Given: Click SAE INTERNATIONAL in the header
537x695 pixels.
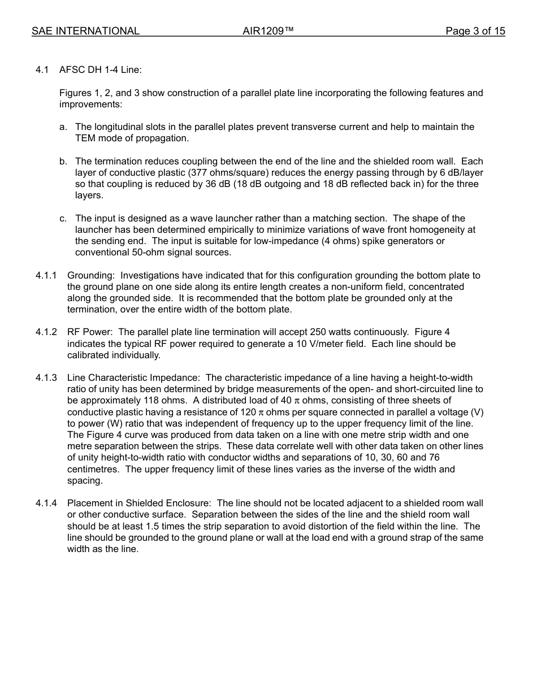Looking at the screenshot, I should [x=85, y=31].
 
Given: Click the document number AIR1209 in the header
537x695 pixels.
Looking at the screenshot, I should [x=268, y=31].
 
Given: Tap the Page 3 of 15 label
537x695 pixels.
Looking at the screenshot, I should [x=475, y=31].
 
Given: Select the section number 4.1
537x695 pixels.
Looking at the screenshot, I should [x=43, y=70].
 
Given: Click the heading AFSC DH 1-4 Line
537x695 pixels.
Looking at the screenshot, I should [x=100, y=70].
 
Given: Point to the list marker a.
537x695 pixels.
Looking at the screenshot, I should [x=63, y=127].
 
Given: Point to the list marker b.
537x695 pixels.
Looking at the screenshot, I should [x=63, y=162].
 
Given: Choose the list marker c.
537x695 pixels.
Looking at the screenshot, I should [x=63, y=219].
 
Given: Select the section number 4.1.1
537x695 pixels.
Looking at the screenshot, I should [x=46, y=276].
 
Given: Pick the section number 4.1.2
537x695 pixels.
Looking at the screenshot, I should [x=46, y=332].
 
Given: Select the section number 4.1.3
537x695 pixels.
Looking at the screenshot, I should [x=46, y=378].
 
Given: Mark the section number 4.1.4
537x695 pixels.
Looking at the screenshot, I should [x=46, y=503].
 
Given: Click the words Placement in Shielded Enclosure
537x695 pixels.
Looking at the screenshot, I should [x=140, y=503].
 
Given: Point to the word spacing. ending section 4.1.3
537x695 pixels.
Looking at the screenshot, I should [x=85, y=481].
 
